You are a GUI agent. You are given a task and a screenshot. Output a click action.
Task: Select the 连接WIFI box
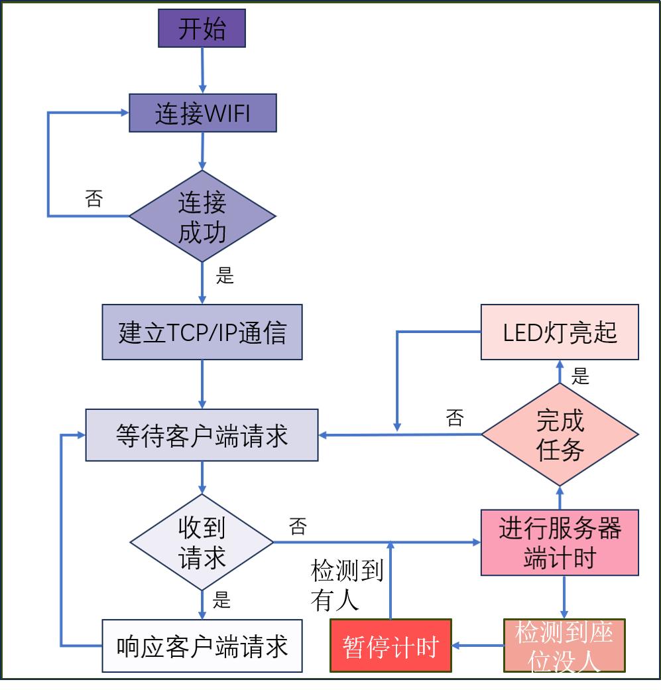click(x=202, y=113)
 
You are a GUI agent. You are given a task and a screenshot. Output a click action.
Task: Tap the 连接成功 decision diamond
click(x=202, y=216)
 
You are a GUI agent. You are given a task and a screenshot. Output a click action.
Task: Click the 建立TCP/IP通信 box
click(x=202, y=332)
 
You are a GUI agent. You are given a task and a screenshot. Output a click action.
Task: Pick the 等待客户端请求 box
click(x=202, y=435)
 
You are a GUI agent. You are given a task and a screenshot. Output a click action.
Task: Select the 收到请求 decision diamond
click(x=202, y=543)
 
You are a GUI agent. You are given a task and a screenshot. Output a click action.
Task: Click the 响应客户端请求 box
click(x=202, y=646)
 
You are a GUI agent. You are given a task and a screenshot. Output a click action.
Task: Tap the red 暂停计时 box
click(x=391, y=646)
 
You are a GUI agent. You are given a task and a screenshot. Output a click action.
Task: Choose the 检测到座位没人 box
click(x=564, y=646)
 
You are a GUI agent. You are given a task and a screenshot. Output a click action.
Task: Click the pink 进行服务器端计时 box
click(x=560, y=543)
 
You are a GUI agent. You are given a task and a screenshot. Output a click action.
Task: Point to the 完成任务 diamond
click(x=560, y=435)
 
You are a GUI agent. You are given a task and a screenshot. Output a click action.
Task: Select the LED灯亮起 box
click(x=560, y=332)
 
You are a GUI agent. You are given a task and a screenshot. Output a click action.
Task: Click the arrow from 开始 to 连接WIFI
click(x=203, y=70)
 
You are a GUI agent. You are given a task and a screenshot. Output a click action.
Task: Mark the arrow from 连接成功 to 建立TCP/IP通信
click(x=203, y=283)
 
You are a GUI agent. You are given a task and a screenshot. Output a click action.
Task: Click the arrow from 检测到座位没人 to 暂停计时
click(x=477, y=645)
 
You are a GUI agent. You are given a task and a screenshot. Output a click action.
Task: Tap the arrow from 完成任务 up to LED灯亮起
click(x=560, y=372)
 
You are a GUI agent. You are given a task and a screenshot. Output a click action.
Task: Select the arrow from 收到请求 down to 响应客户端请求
click(x=203, y=604)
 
